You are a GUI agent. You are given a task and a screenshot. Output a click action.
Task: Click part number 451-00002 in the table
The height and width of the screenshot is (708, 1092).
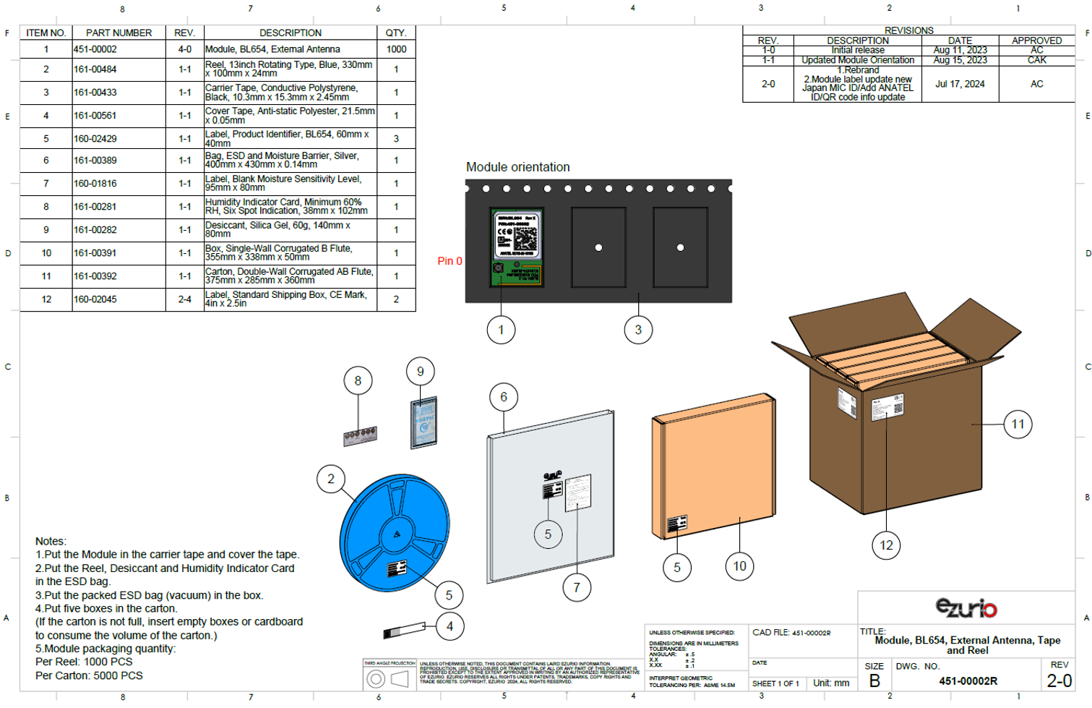(95, 49)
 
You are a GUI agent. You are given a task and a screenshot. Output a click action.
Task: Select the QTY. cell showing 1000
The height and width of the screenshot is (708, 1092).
(396, 49)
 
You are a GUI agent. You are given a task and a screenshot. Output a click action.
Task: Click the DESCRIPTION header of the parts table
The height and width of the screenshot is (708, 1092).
(291, 33)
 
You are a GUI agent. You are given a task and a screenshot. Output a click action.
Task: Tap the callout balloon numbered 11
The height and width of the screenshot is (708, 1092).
(1018, 425)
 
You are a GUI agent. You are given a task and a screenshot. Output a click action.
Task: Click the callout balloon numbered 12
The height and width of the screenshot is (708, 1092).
(886, 545)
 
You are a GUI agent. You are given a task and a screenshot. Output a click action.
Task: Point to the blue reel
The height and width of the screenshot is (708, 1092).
(394, 532)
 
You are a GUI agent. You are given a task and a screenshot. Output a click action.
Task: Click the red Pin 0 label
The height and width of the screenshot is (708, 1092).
(450, 261)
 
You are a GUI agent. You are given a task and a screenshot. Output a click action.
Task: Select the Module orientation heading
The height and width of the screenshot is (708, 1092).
(517, 167)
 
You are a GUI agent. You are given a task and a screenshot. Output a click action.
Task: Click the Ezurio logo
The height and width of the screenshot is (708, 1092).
(966, 608)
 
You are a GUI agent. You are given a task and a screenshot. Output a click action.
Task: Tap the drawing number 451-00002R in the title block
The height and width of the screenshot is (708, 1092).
(968, 681)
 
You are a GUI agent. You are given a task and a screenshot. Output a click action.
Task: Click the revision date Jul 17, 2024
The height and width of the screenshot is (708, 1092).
(960, 84)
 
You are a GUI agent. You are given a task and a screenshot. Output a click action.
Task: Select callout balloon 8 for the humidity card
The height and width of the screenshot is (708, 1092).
(358, 380)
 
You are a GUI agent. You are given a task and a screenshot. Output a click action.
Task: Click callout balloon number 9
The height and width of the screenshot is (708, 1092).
(420, 372)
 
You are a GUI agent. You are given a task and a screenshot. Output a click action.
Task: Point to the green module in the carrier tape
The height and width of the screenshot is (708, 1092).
(517, 248)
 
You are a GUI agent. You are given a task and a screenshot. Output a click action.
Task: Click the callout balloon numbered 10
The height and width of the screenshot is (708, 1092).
(739, 566)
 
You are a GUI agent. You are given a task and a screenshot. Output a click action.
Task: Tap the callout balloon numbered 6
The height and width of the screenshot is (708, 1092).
(504, 397)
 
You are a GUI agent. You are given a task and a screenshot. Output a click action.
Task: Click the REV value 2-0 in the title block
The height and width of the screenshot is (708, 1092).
(1059, 681)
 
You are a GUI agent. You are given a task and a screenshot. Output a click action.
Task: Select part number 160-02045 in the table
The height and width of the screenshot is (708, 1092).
(95, 299)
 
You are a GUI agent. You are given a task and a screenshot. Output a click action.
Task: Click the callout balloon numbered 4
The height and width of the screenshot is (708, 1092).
(450, 626)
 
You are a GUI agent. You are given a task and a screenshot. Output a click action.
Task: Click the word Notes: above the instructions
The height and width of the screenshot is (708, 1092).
(51, 541)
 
